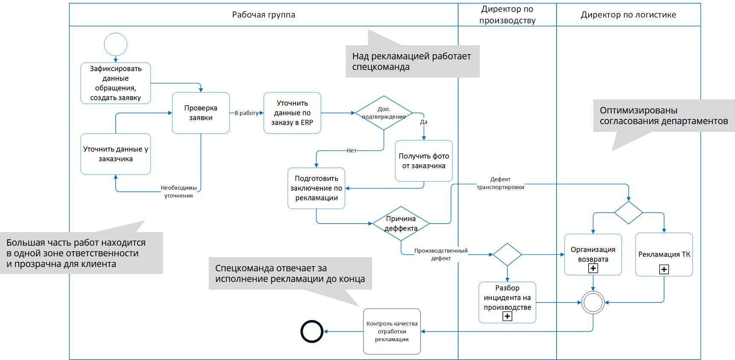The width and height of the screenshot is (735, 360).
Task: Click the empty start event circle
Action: point(116,44)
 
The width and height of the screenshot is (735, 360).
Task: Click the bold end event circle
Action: point(312,331)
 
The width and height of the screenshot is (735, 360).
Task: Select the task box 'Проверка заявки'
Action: point(201,113)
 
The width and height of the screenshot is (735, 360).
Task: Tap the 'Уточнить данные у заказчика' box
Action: point(116,154)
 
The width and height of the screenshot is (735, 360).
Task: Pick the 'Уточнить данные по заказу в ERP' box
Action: point(292,113)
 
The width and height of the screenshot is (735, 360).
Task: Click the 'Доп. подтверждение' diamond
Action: point(384,113)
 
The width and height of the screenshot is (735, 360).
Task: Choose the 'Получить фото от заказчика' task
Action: point(423,161)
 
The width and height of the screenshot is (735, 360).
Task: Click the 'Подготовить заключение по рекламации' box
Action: point(316,188)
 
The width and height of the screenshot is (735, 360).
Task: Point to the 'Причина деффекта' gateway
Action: point(401,224)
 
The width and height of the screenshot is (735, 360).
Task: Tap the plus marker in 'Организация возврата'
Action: point(593,268)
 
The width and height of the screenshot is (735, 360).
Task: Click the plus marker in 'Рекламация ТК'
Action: point(664,269)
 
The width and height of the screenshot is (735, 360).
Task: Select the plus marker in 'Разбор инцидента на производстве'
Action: point(507,316)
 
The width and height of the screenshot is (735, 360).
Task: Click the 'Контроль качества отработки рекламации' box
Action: point(392,331)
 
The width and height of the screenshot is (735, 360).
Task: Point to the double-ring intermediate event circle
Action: point(593,302)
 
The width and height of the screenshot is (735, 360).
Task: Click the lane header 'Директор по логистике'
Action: point(628,15)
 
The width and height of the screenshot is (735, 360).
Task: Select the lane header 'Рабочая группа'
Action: point(263,15)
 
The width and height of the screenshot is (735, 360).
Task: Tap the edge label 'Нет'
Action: point(351,151)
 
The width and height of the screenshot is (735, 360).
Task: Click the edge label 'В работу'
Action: point(246,113)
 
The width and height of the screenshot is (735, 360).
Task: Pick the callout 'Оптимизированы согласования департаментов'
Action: point(663,116)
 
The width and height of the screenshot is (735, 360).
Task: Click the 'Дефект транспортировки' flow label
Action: point(500,183)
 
